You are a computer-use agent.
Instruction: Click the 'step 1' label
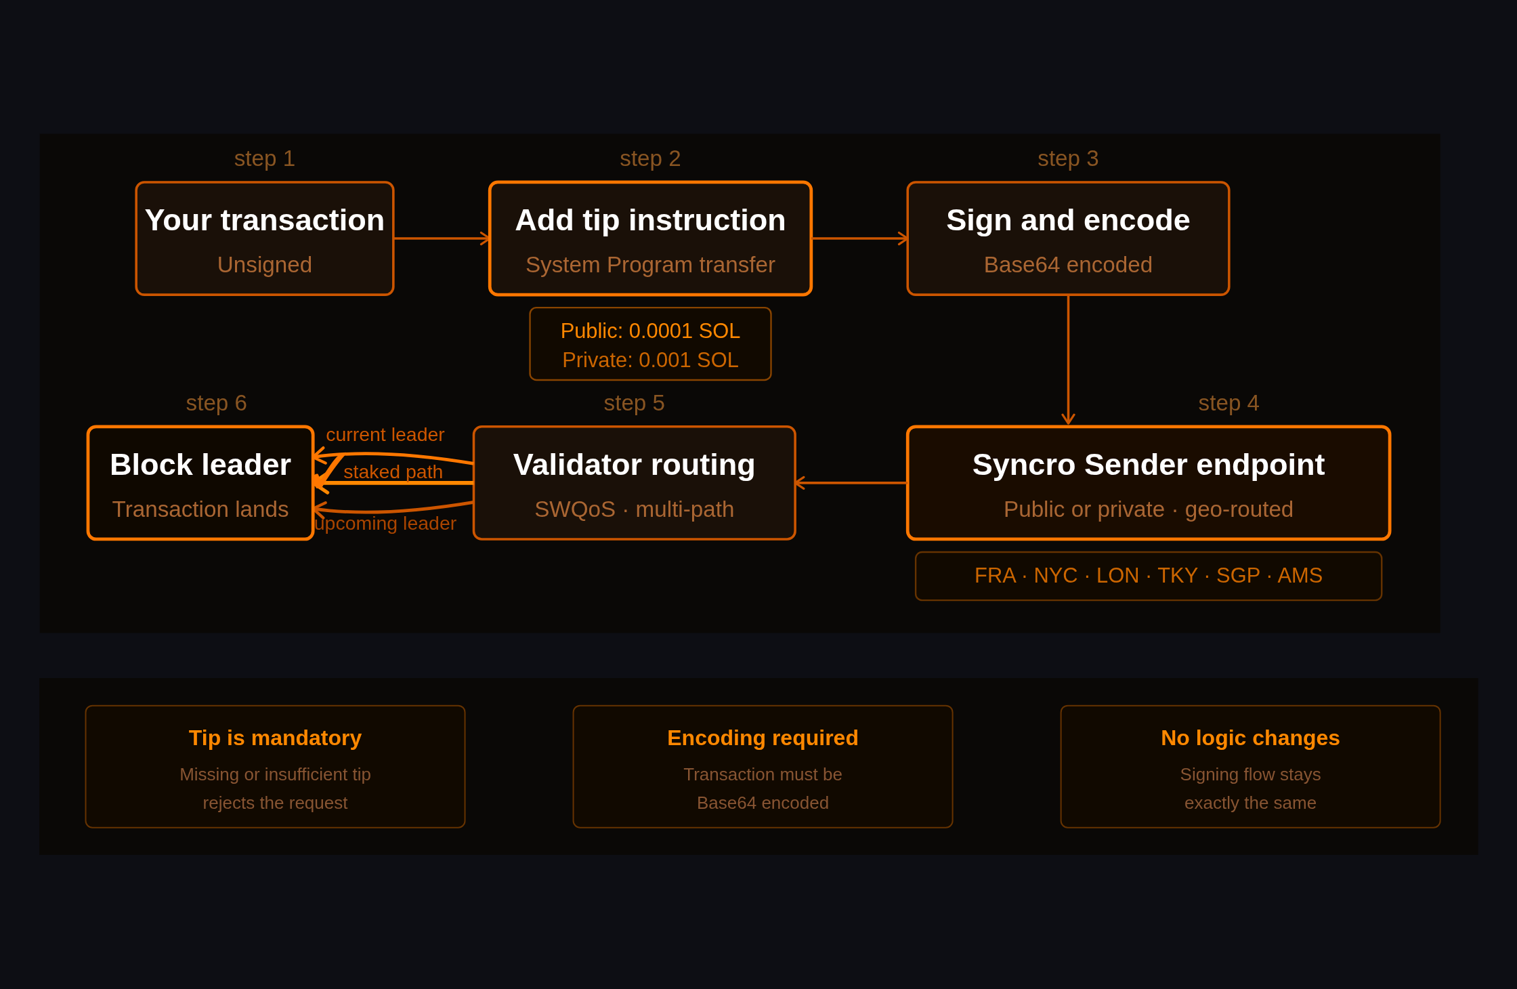tap(264, 159)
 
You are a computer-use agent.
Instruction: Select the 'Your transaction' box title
tap(264, 220)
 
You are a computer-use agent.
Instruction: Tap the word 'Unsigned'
tap(264, 265)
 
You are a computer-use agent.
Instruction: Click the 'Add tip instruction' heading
tap(650, 220)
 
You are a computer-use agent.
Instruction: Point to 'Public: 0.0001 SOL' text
tap(650, 331)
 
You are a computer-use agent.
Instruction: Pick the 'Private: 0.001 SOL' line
tap(650, 360)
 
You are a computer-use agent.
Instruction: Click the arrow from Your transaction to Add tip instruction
tap(440, 238)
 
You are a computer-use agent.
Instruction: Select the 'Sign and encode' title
tap(1068, 220)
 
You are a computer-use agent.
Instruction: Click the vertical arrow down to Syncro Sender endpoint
tap(1068, 359)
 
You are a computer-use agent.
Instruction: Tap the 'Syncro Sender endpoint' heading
tap(1148, 465)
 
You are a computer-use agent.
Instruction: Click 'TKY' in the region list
tap(1177, 575)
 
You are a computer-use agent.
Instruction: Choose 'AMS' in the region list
tap(1300, 575)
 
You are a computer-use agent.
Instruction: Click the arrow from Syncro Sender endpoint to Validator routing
tap(851, 483)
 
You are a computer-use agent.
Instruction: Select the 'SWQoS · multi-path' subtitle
tap(634, 509)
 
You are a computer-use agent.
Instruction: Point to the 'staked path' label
tap(393, 471)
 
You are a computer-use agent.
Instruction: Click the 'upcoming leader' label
tap(385, 524)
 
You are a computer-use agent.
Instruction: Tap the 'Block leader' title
tap(200, 465)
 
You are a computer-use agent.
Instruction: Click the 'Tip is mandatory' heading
tap(275, 738)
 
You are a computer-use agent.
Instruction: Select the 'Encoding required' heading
tap(763, 738)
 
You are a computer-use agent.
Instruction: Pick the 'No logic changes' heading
tap(1250, 738)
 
